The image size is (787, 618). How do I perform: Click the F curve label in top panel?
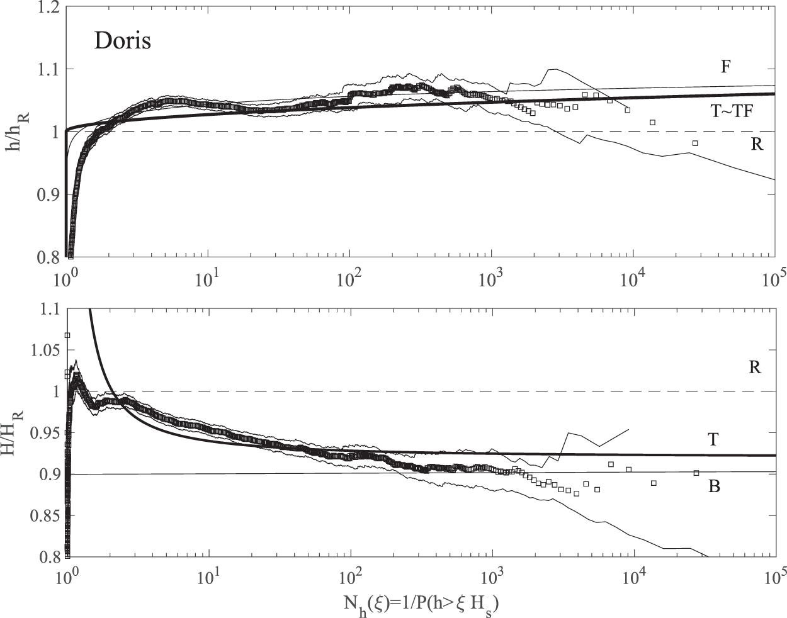[x=725, y=66]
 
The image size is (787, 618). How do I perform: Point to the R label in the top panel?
[x=757, y=145]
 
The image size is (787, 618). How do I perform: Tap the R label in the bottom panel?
[x=755, y=368]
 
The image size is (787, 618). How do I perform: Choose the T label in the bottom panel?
[x=713, y=439]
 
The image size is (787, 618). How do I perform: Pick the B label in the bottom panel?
[x=714, y=486]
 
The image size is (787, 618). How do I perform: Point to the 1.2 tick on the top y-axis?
[x=49, y=7]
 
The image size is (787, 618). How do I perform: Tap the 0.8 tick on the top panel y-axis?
[x=49, y=257]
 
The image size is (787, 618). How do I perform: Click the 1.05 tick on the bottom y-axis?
[x=44, y=350]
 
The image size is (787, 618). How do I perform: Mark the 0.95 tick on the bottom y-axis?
[x=44, y=433]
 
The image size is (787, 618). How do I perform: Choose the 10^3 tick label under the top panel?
[x=489, y=278]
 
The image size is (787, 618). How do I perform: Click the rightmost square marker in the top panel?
[x=695, y=143]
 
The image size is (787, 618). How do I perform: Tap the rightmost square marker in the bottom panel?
[x=696, y=473]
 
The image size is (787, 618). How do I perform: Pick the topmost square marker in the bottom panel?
[x=67, y=335]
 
